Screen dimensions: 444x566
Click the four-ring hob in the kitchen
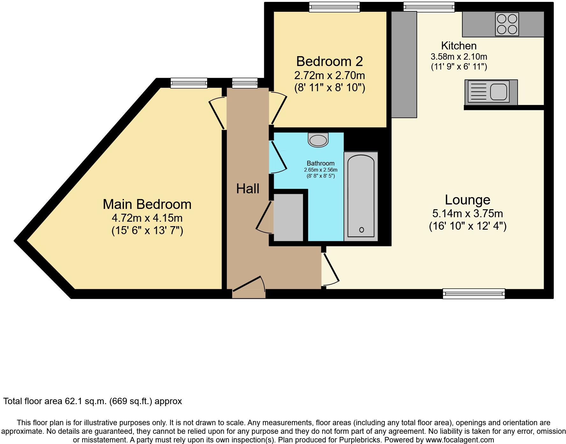point(507,24)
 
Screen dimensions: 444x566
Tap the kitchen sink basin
point(498,92)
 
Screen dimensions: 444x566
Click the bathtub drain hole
point(361,230)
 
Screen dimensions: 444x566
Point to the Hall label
point(248,189)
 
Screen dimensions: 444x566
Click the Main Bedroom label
point(147,204)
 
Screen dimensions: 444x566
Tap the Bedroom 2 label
point(330,62)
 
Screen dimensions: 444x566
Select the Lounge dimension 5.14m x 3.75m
point(468,213)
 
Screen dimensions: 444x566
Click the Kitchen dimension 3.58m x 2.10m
point(459,57)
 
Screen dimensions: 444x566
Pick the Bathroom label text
point(321,163)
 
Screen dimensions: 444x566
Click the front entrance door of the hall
point(249,285)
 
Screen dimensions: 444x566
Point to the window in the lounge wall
point(474,293)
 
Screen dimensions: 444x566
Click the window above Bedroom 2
point(334,7)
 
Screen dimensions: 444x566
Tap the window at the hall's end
point(245,83)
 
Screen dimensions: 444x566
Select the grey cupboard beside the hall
point(288,217)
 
